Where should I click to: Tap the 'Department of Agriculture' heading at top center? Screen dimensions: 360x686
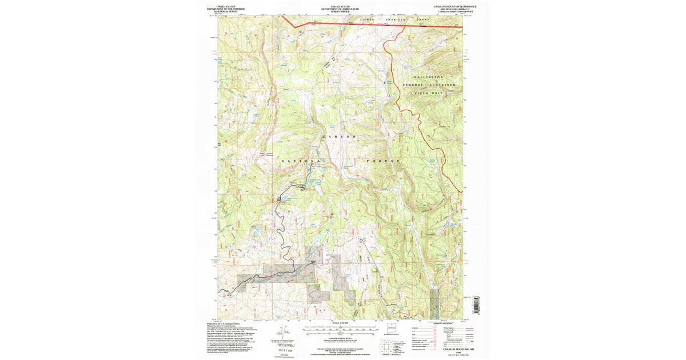pyautogui.click(x=340, y=8)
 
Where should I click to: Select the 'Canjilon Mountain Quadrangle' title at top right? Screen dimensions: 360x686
pyautogui.click(x=455, y=5)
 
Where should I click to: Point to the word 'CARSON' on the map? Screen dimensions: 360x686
pyautogui.click(x=341, y=137)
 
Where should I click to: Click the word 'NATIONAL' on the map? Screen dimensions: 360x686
pyautogui.click(x=304, y=162)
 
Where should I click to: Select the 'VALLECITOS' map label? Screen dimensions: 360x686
pyautogui.click(x=429, y=77)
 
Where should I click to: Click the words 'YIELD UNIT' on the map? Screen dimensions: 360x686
pyautogui.click(x=437, y=93)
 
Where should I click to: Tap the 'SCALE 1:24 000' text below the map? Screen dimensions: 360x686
pyautogui.click(x=340, y=323)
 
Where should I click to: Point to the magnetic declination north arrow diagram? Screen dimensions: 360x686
pyautogui.click(x=280, y=331)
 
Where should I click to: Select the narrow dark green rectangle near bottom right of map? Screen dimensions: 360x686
pyautogui.click(x=434, y=298)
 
